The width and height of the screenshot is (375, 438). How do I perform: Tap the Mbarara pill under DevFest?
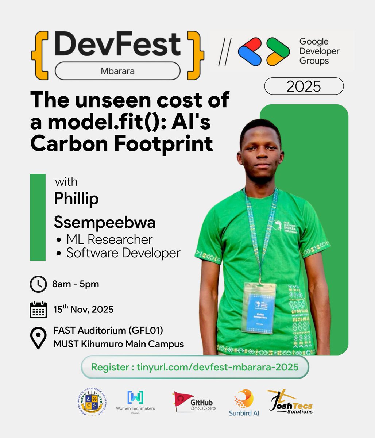(x=117, y=70)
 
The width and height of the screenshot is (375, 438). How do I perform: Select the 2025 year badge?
(x=304, y=87)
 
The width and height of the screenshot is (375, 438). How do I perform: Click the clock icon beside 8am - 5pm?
(x=38, y=285)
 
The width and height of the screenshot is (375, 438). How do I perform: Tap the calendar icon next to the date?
(x=38, y=310)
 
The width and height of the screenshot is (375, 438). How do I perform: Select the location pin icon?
(x=38, y=338)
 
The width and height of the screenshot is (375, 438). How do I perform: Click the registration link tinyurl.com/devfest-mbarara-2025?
(x=195, y=367)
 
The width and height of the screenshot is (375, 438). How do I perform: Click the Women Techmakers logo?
(x=135, y=401)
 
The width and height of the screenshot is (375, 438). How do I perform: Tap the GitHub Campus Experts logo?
(x=194, y=402)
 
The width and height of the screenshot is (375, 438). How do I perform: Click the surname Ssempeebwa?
(x=105, y=222)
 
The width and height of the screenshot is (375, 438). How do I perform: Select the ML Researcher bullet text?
(x=109, y=239)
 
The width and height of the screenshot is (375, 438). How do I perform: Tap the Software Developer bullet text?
(x=123, y=253)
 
